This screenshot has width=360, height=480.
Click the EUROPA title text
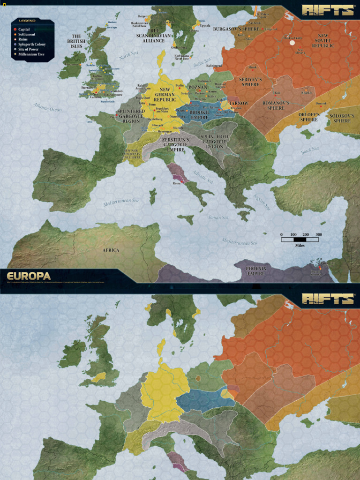point(29,276)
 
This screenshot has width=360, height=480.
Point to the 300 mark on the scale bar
point(319,234)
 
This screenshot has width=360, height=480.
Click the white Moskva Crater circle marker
point(293,43)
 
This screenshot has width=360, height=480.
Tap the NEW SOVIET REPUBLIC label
point(322,41)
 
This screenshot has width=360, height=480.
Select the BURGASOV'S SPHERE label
point(236,29)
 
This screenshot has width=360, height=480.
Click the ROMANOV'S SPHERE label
point(276,105)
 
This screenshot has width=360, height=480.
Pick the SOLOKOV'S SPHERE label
point(342,118)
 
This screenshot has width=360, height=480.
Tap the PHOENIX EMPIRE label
point(256,271)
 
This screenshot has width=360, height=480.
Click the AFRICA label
point(111,250)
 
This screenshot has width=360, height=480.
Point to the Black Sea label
point(310,150)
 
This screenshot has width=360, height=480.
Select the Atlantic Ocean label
point(47,107)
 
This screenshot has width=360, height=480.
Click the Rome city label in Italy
point(177,183)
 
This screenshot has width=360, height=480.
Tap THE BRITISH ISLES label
point(76,41)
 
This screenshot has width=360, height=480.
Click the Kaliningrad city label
point(214,66)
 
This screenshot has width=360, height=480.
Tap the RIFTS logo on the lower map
point(328,299)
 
